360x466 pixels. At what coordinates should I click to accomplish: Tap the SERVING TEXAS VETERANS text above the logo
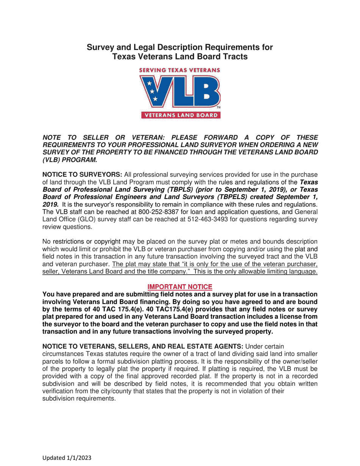180,70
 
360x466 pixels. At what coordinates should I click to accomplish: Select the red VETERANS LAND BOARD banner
180,115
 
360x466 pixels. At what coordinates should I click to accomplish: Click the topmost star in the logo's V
149,83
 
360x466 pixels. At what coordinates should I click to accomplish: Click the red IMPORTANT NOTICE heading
180,287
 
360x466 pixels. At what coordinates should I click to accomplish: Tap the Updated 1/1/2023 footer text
67,458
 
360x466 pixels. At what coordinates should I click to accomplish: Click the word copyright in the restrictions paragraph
107,242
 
